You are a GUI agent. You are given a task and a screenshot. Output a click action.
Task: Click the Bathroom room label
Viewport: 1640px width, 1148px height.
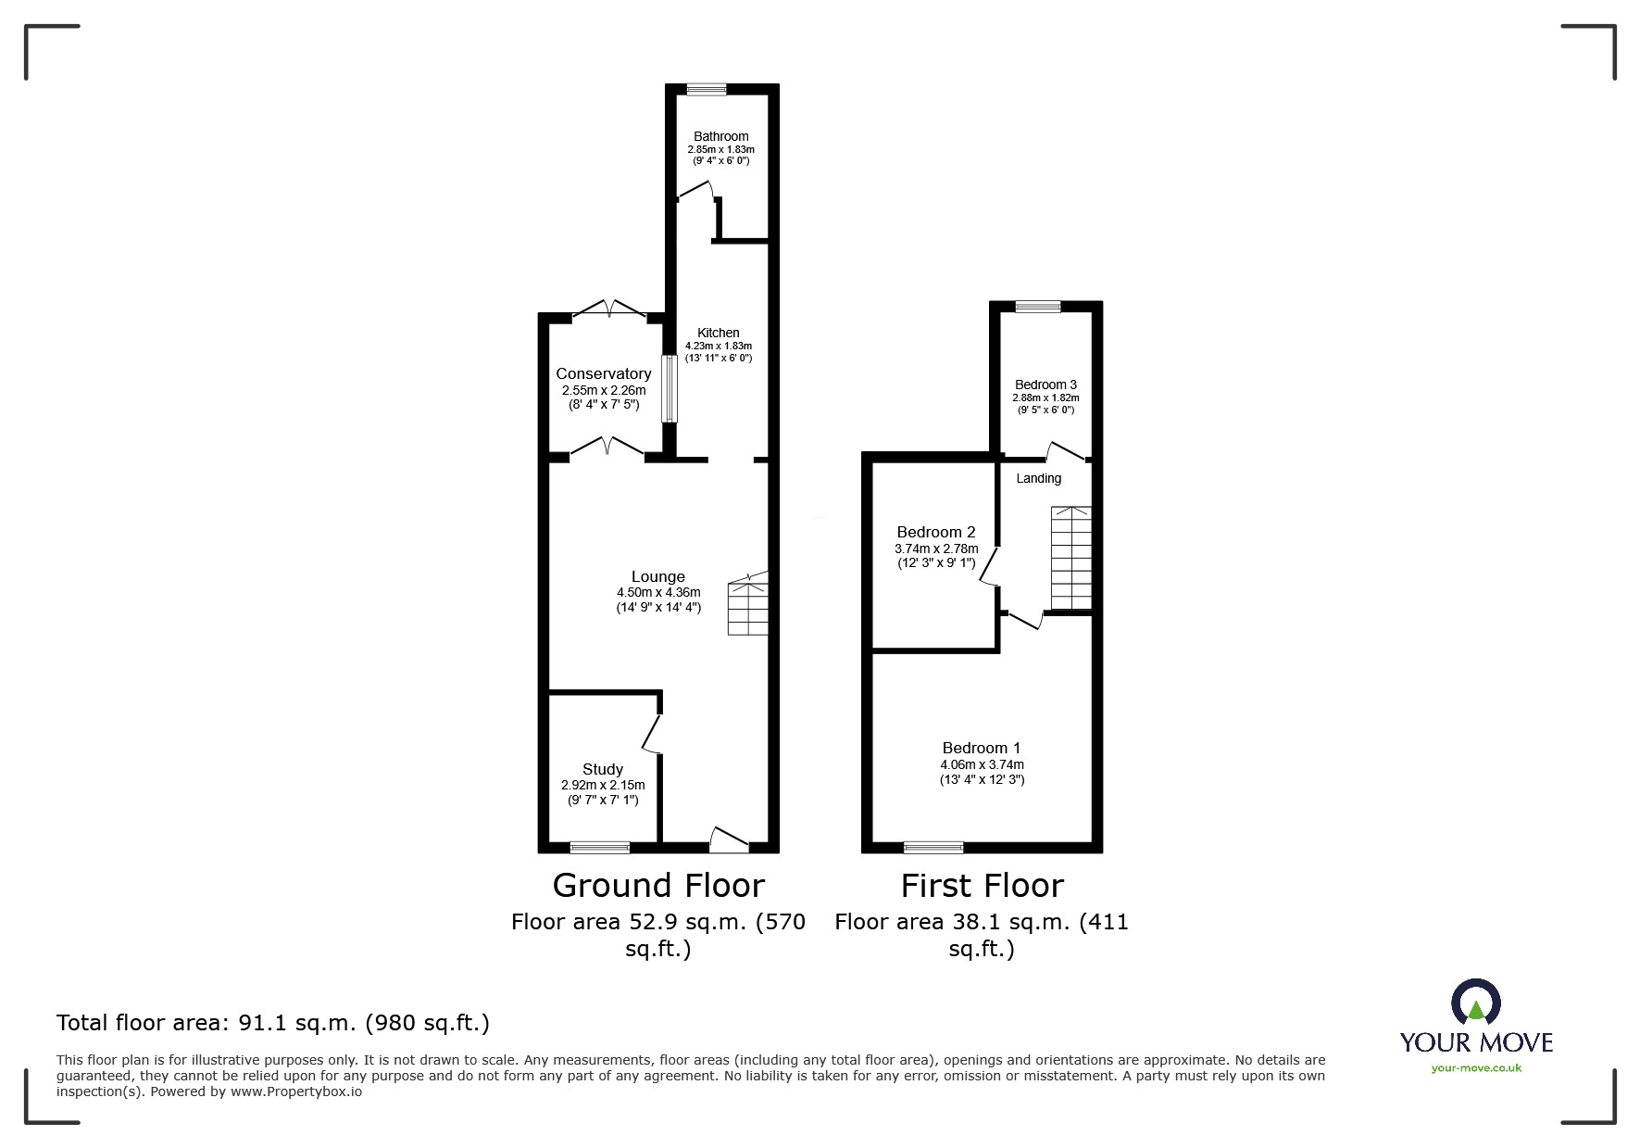point(720,136)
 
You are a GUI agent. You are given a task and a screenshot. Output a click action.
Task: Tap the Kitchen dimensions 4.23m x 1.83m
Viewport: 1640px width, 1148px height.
point(719,346)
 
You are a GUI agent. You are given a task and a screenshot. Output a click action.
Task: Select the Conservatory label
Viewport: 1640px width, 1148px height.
point(603,373)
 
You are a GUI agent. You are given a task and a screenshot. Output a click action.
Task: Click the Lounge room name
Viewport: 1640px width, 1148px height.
point(657,576)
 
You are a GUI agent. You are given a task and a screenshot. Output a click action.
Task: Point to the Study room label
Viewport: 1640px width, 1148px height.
point(602,769)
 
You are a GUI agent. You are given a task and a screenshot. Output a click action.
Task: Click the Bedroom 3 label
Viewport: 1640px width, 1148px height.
point(1045,385)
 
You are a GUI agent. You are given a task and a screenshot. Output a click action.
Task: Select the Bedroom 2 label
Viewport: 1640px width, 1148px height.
point(935,532)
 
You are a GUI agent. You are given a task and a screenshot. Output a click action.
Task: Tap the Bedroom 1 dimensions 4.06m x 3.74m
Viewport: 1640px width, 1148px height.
point(982,764)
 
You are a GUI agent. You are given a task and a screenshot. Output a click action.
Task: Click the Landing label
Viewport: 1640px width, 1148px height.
point(1038,478)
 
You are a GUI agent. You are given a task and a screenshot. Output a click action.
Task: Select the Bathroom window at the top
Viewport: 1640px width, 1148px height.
point(707,89)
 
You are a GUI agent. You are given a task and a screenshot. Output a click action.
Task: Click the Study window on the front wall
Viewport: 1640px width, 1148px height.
point(599,847)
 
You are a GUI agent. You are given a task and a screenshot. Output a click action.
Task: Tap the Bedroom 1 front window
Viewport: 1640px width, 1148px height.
point(933,847)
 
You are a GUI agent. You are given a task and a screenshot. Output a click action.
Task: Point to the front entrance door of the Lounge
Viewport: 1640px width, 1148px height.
point(729,839)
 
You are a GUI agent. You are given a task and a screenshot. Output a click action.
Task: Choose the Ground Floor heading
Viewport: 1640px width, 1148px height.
point(657,886)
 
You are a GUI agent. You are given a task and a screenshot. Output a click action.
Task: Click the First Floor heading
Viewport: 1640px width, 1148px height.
point(982,886)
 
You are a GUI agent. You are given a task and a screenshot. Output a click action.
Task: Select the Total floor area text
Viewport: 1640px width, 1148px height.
point(273,1023)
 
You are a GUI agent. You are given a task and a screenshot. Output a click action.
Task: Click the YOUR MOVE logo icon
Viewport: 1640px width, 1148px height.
point(1475,1004)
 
